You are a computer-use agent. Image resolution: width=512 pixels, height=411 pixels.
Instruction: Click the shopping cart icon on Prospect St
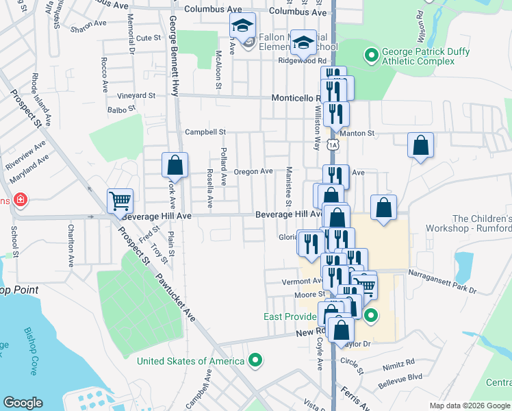(120, 201)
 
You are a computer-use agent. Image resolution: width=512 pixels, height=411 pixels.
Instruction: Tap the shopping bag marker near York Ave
(175, 165)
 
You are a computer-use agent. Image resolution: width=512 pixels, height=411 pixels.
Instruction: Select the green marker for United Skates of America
(256, 359)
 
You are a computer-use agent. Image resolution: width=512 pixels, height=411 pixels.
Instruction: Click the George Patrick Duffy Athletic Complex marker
(372, 53)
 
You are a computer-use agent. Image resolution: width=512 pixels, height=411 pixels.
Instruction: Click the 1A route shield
(333, 145)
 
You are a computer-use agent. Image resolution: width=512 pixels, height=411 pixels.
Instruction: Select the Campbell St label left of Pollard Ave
(205, 132)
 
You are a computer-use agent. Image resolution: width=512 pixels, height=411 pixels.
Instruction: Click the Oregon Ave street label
(253, 171)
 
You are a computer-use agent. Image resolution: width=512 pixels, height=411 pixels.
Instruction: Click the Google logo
(23, 403)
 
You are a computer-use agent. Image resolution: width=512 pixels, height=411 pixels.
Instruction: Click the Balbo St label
(118, 109)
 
